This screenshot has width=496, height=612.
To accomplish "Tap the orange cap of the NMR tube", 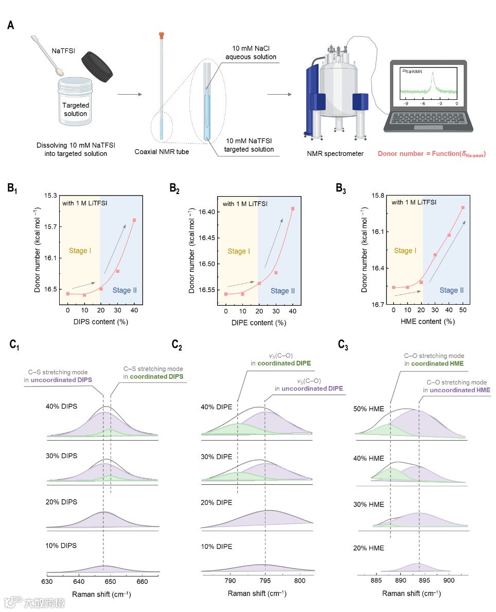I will (x=161, y=36).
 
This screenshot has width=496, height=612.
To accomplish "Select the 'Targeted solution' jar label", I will (x=76, y=109).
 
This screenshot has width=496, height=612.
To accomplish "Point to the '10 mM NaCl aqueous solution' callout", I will (x=251, y=52).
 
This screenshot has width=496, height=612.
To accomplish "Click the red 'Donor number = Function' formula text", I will (x=432, y=154).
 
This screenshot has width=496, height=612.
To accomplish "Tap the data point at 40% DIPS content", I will (x=134, y=220).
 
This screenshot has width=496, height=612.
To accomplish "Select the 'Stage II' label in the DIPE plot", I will (x=282, y=291).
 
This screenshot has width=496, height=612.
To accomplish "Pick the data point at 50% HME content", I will (x=463, y=207).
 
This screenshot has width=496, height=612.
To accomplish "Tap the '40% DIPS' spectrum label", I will (x=61, y=406).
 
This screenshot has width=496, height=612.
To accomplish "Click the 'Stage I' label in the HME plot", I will (x=405, y=251).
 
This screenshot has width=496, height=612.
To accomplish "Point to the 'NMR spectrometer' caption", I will (x=335, y=154).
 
